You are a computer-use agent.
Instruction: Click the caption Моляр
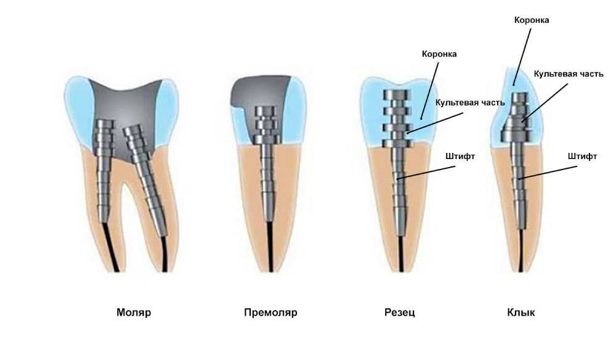133,313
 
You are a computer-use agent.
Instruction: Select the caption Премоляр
270,313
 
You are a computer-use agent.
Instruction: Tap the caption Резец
399,313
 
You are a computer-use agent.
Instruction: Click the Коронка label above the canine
532,20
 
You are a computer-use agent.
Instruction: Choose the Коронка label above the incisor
439,54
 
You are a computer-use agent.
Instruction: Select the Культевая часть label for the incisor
471,102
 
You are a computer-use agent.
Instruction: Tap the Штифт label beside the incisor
460,157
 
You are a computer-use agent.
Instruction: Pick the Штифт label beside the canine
582,157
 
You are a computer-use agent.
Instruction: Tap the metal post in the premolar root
269,179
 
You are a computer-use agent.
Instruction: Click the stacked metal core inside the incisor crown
396,117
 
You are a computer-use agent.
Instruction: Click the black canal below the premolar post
270,247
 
